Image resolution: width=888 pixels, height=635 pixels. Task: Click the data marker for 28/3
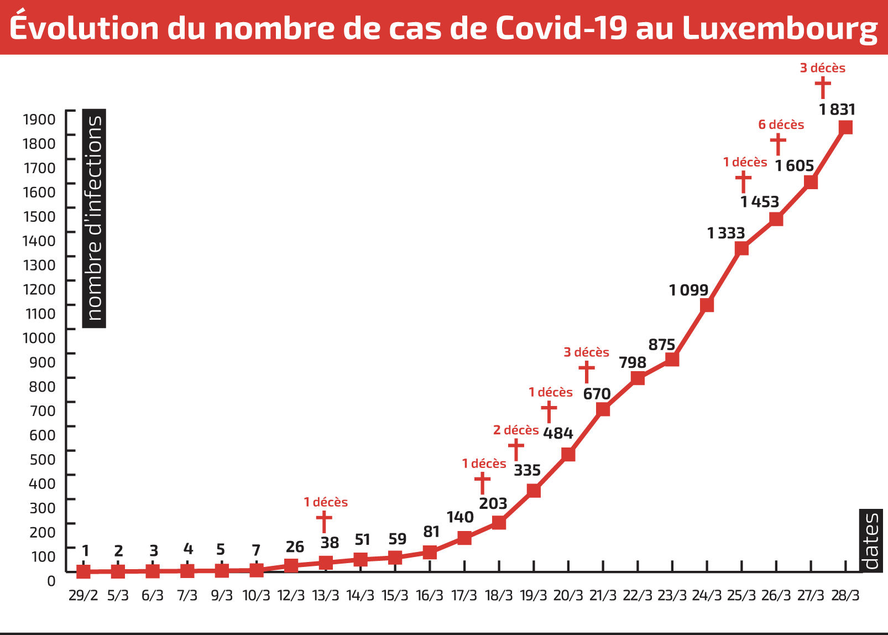(845, 128)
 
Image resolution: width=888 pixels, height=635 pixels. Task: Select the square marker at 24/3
(707, 305)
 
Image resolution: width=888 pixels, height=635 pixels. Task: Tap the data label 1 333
(726, 233)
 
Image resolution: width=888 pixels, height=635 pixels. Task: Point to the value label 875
(662, 345)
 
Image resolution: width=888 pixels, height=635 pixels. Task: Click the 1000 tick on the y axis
(39, 338)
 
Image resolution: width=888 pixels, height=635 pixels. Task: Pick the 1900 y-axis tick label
(39, 119)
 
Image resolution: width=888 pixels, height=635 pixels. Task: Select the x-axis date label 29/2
(83, 596)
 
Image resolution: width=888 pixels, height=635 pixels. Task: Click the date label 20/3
(568, 596)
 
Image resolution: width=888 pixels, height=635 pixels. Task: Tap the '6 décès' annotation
(781, 125)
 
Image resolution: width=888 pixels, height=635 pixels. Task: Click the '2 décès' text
(516, 430)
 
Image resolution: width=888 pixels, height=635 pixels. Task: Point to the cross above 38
(324, 522)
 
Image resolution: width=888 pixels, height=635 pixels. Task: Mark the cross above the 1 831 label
(823, 87)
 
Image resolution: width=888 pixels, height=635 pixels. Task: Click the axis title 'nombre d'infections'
(94, 218)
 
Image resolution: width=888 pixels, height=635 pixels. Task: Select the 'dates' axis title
(870, 541)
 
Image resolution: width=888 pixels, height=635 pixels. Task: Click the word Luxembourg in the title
(780, 28)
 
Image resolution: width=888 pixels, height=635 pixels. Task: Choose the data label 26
(295, 547)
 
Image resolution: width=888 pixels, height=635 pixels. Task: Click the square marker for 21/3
(603, 409)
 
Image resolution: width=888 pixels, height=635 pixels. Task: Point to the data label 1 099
(688, 290)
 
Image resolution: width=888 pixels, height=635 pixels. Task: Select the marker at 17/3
(464, 538)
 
